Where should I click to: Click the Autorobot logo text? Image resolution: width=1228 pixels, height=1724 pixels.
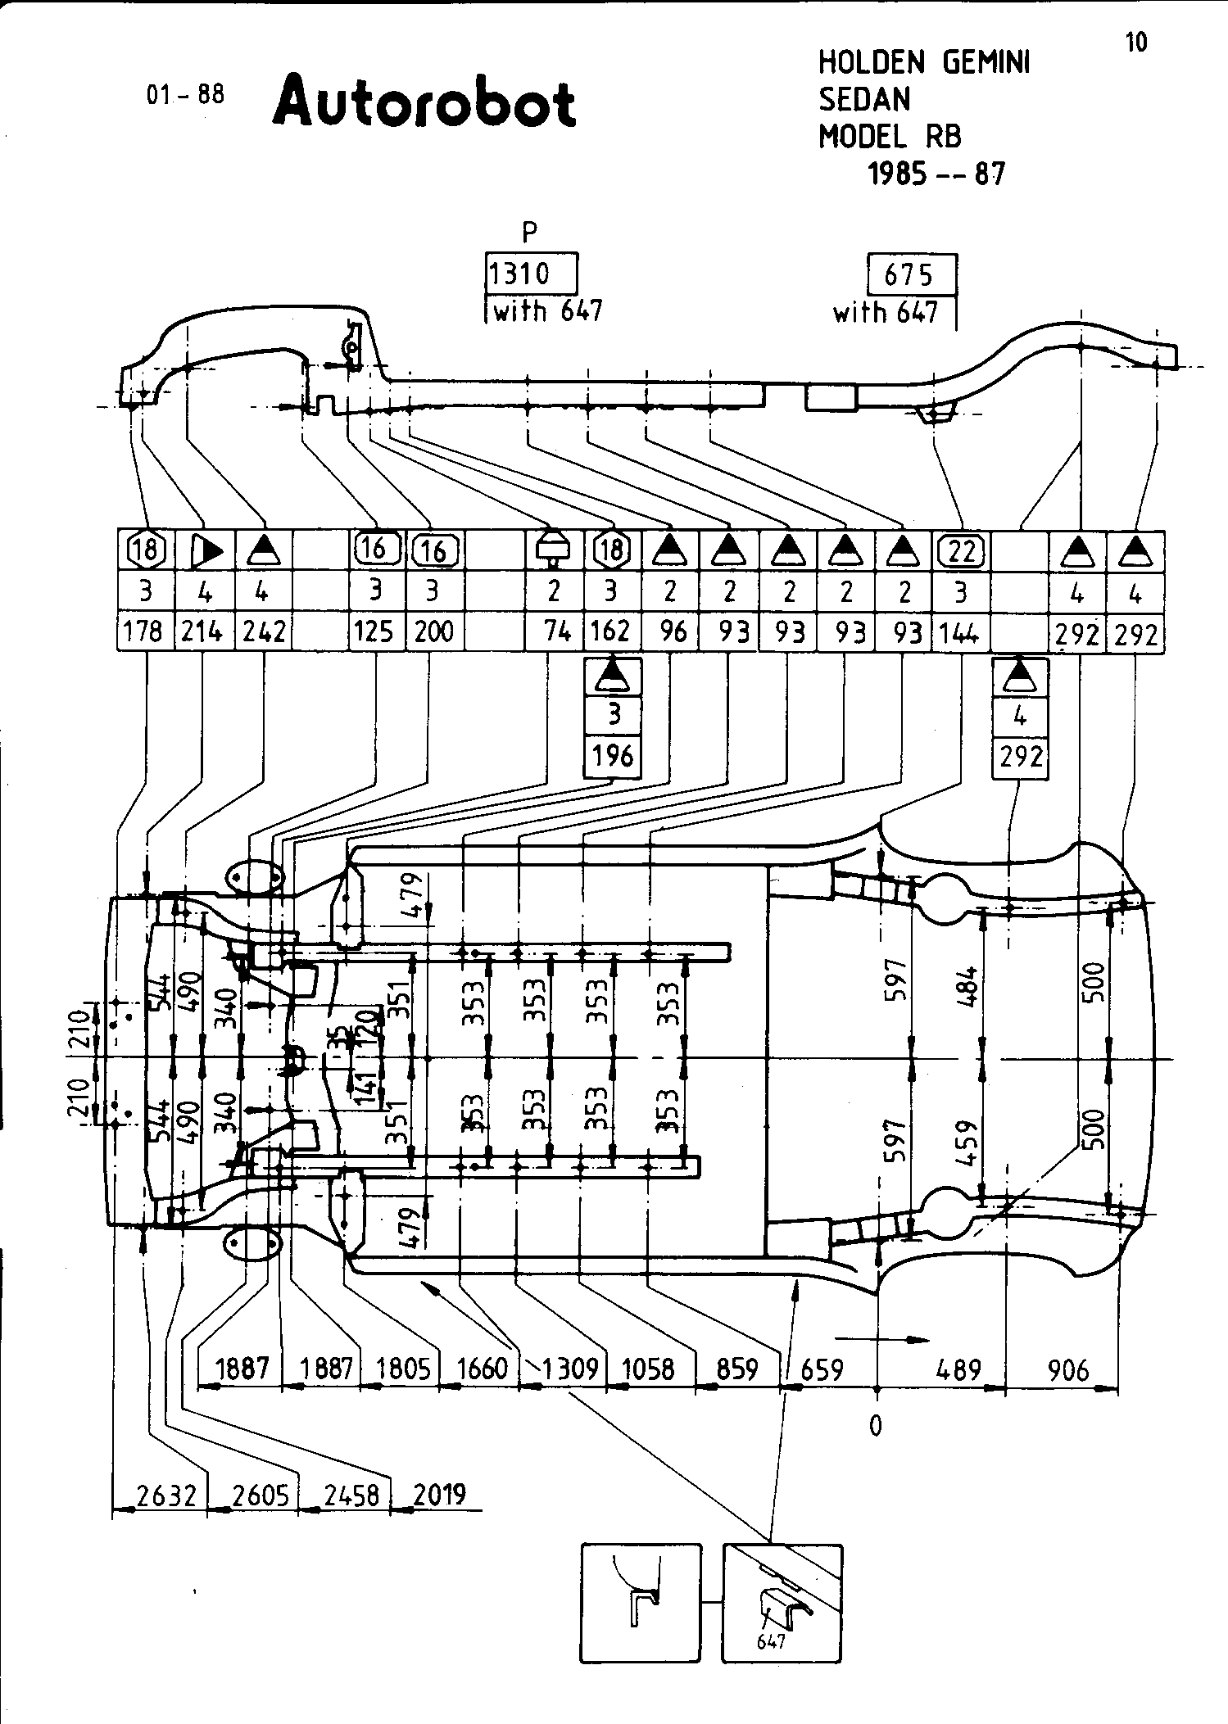point(424,102)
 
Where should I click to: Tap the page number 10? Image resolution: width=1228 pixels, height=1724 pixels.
point(1136,43)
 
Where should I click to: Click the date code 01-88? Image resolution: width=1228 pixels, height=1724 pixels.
point(185,94)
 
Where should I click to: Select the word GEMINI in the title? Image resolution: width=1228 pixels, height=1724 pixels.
point(986,62)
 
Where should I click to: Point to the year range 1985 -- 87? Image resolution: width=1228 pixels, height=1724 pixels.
point(936,174)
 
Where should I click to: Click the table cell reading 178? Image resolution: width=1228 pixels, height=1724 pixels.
point(145,631)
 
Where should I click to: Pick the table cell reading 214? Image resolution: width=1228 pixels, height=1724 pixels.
point(203,631)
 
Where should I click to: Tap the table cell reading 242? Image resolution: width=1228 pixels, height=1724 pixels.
point(264,631)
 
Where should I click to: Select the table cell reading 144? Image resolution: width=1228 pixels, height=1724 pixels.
point(960,631)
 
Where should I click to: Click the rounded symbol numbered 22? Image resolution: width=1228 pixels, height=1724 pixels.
point(961,550)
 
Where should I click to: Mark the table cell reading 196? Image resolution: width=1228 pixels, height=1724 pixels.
point(612,755)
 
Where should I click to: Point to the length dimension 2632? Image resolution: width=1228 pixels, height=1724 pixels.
point(166,1495)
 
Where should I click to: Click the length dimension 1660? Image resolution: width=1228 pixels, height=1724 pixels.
point(482,1368)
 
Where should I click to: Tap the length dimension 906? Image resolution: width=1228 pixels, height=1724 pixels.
point(1068,1369)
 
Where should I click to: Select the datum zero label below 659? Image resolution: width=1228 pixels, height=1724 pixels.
point(876,1426)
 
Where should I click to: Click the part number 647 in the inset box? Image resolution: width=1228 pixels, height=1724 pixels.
point(771,1641)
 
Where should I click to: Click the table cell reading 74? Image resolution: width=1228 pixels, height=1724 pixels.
point(557,631)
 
